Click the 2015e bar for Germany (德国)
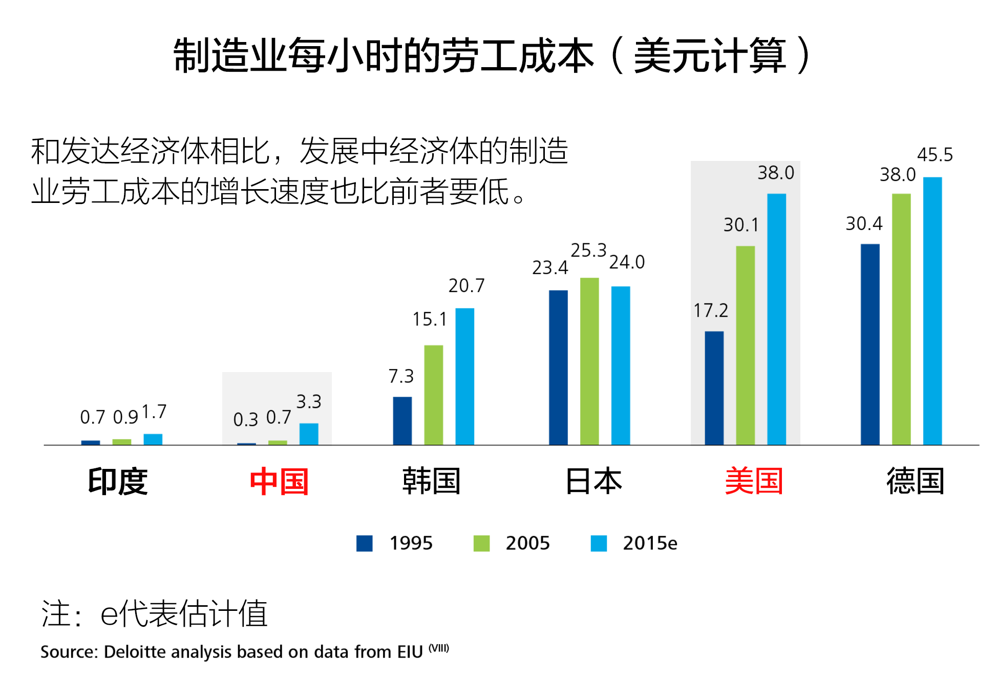tap(932, 311)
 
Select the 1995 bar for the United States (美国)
tap(714, 387)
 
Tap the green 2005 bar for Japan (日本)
tap(589, 361)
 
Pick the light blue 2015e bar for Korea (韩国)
tap(464, 376)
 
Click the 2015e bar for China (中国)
tap(309, 434)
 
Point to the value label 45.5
tap(935, 155)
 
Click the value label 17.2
tap(710, 311)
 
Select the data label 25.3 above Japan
tap(588, 250)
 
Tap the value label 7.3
tap(400, 376)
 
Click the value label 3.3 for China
tap(309, 401)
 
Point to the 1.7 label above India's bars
tap(154, 412)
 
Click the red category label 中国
tap(279, 481)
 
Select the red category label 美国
tap(754, 481)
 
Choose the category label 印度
tap(118, 481)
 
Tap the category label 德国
tap(915, 481)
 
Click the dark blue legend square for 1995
tap(364, 543)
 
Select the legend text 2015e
tap(649, 543)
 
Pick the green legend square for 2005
tap(481, 543)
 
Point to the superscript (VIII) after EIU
tap(439, 648)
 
